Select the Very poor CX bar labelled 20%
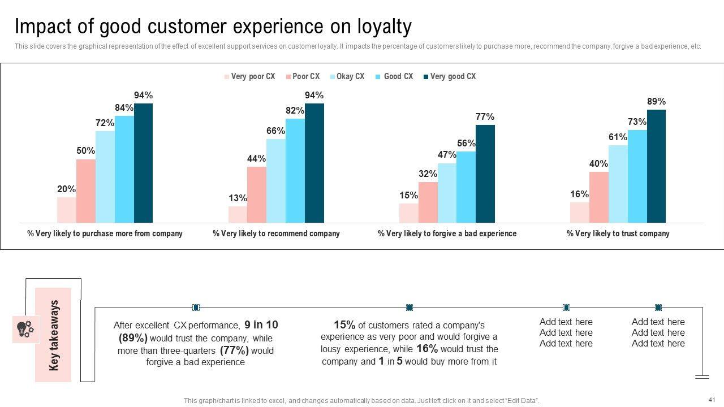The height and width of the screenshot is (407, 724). tap(66, 210)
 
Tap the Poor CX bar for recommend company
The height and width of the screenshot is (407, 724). tap(256, 194)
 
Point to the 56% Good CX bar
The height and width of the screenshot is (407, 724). tap(466, 187)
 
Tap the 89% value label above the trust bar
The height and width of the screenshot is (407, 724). tap(656, 102)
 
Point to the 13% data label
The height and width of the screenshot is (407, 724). tap(238, 198)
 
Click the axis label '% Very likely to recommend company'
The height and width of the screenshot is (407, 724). tap(276, 233)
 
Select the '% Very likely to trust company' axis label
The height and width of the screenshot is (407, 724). tap(618, 233)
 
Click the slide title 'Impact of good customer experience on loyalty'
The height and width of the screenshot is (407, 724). tap(213, 27)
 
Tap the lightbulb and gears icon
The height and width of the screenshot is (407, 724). tap(25, 329)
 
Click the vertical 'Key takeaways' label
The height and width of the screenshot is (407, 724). tap(54, 335)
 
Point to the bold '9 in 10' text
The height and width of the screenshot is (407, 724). tap(261, 325)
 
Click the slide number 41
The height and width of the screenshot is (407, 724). tap(712, 399)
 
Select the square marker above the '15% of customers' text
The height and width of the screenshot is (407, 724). tap(410, 308)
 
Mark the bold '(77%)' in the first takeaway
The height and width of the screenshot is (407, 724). tap(234, 350)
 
